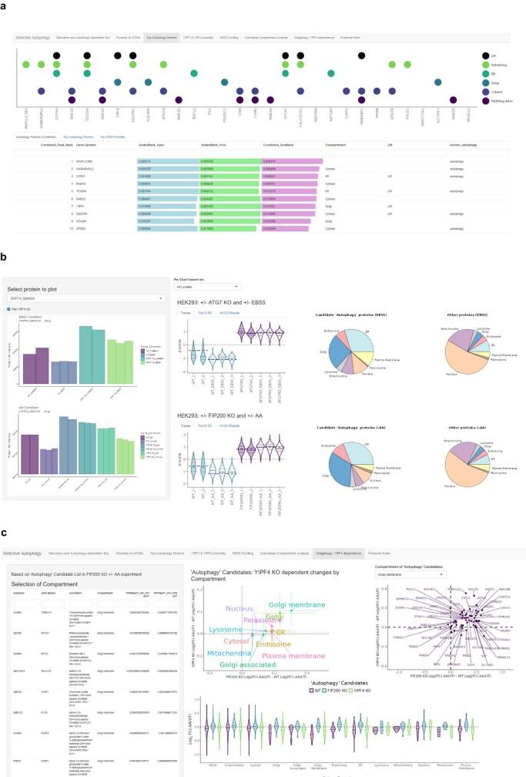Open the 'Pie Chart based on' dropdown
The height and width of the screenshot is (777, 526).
coord(203,264)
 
